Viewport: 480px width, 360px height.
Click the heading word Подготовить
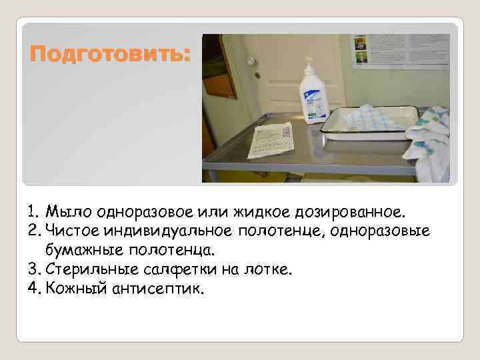pos(110,54)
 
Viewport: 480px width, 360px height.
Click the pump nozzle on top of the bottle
pos(308,63)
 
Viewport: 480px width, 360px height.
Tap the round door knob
pos(251,61)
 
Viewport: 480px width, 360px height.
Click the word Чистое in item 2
pos(71,231)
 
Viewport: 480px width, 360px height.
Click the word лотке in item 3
pos(271,269)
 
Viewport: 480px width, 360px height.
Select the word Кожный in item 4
pos(71,288)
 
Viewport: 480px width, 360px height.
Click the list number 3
pos(32,269)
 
